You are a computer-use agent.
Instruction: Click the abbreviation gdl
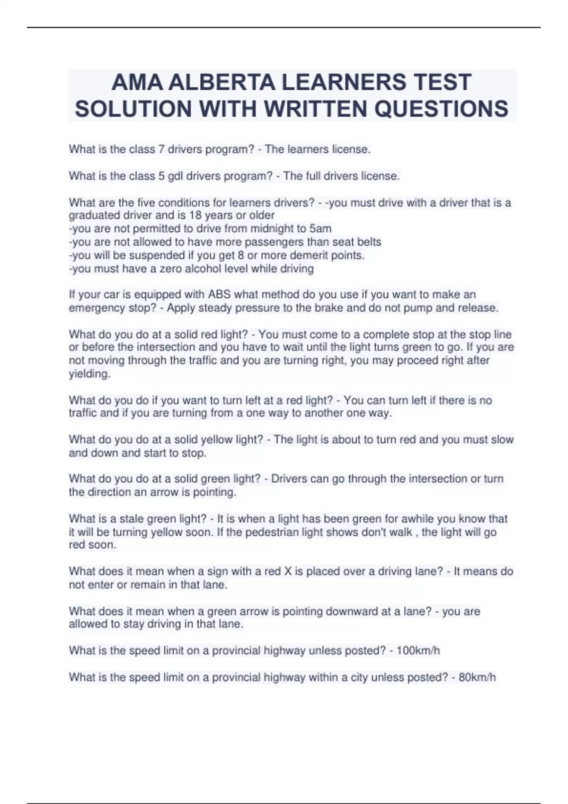pos(175,176)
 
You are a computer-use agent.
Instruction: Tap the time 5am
pos(320,228)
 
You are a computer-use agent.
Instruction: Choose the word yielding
pos(89,374)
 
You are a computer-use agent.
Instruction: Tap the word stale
pos(132,519)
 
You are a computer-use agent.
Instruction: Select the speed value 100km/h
pos(418,651)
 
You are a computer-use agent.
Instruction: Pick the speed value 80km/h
pos(477,677)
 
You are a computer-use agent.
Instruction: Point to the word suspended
pos(163,255)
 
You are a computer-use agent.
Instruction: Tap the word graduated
pos(94,215)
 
